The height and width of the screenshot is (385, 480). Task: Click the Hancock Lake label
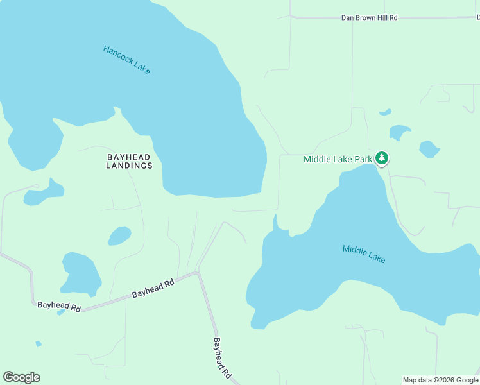click(x=126, y=60)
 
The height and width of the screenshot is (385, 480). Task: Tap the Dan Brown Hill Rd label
click(x=369, y=17)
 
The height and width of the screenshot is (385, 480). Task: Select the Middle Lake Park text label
click(x=338, y=159)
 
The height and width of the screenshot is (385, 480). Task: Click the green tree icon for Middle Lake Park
click(x=382, y=158)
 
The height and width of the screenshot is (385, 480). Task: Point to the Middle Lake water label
click(x=364, y=254)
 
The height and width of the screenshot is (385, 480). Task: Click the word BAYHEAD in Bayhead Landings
click(x=129, y=156)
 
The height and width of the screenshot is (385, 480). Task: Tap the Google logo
click(x=21, y=377)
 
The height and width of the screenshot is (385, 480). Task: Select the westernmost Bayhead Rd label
click(x=58, y=307)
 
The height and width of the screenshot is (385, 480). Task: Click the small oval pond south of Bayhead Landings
click(x=119, y=236)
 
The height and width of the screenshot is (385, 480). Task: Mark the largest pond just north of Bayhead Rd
click(x=81, y=273)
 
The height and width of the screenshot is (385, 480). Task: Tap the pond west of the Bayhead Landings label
click(x=44, y=192)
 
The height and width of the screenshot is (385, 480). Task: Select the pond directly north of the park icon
click(x=399, y=132)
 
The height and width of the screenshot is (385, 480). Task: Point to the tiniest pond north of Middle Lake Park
click(x=385, y=112)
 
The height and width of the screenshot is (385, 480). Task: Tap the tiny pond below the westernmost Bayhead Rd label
click(x=61, y=312)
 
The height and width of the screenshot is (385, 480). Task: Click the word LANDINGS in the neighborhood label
click(x=129, y=166)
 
